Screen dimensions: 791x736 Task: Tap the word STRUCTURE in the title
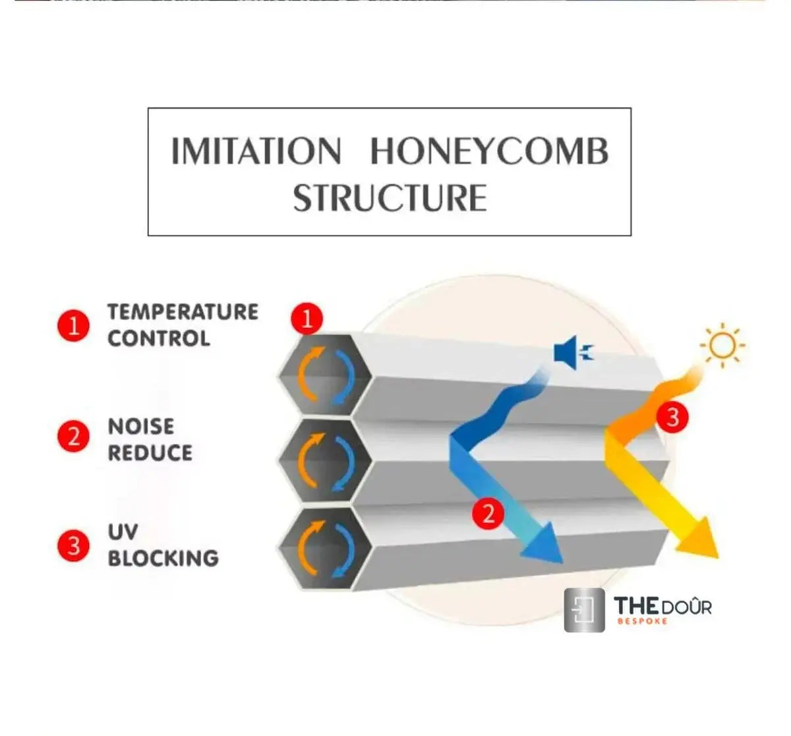click(390, 198)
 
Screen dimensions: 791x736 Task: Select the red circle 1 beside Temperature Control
click(74, 326)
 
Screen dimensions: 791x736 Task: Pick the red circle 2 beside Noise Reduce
click(74, 437)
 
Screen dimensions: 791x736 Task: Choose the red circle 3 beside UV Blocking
click(74, 545)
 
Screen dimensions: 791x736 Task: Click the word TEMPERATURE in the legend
click(183, 312)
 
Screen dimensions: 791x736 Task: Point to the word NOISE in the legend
click(141, 427)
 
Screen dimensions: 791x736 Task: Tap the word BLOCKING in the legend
click(163, 558)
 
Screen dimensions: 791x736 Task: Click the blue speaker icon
click(573, 353)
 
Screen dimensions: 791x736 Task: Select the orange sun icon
click(722, 345)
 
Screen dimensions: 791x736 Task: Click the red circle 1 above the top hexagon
click(307, 319)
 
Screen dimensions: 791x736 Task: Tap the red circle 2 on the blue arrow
click(488, 513)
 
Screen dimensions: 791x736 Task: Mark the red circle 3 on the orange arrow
click(672, 417)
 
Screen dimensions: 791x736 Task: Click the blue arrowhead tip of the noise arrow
click(563, 563)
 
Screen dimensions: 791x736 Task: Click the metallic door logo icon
click(584, 610)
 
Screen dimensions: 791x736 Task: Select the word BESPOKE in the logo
click(642, 621)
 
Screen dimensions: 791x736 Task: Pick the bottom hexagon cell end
click(326, 549)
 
